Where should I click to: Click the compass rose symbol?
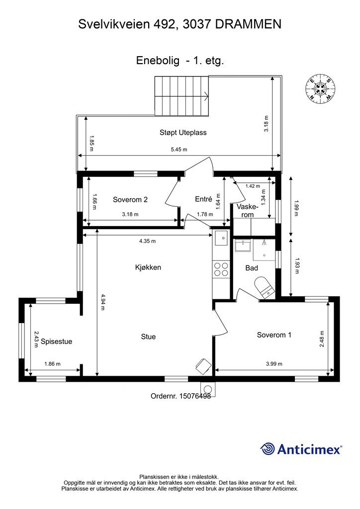320,89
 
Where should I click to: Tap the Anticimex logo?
301,449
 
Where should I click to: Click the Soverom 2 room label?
130,200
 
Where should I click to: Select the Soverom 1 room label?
274,335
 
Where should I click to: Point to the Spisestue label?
57,341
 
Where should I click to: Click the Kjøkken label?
148,267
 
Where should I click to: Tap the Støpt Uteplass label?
183,132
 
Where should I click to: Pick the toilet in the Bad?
264,287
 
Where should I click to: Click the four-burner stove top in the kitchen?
221,269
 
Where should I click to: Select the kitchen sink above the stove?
221,238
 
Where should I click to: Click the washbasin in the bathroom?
243,246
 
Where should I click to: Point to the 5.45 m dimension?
179,150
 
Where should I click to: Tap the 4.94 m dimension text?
102,302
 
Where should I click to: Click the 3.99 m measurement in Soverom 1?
274,364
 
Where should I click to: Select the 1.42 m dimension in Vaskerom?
253,186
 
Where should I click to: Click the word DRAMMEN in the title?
248,24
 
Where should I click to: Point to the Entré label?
203,199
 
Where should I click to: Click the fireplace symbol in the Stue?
203,366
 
